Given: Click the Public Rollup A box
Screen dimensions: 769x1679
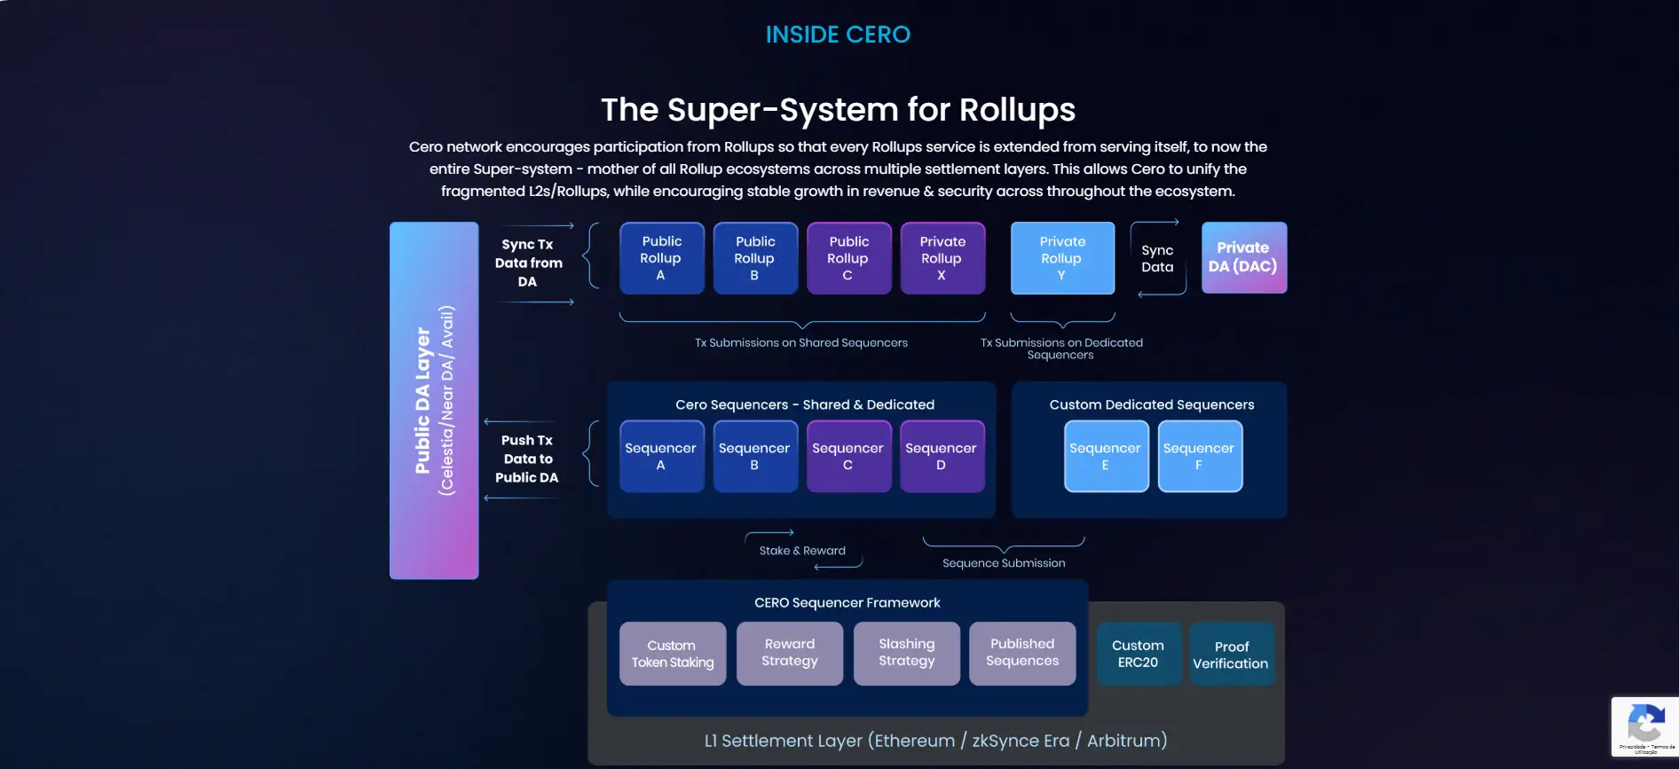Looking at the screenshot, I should click(x=661, y=258).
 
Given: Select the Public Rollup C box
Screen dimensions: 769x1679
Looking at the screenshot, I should click(x=848, y=258).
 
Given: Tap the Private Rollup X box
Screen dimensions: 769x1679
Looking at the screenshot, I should click(x=942, y=258).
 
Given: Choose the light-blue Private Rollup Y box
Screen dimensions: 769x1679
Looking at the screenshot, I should click(x=1062, y=258).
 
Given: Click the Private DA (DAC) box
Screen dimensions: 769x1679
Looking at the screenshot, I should click(x=1243, y=257).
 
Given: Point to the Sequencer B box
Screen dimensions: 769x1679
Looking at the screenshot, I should click(x=754, y=456).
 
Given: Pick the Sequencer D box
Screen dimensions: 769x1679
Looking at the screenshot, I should click(x=942, y=456).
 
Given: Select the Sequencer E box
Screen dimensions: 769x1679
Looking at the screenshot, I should click(x=1106, y=456).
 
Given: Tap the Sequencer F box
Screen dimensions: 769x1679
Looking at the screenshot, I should click(x=1199, y=456).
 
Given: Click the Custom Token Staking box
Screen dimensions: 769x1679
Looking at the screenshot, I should click(x=673, y=654).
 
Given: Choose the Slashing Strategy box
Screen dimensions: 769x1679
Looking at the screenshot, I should click(x=906, y=653).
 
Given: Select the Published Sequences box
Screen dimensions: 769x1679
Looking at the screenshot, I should click(x=1022, y=653).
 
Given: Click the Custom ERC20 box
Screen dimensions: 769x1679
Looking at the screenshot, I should click(x=1139, y=654).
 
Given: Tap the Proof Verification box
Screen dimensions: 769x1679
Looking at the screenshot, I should click(x=1231, y=655).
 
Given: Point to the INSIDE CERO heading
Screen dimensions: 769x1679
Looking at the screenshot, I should click(x=838, y=35).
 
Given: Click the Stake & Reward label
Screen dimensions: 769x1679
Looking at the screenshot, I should click(x=802, y=551).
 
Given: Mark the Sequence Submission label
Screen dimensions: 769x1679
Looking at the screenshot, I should click(x=1004, y=563).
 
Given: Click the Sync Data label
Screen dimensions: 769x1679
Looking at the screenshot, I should click(x=1157, y=259).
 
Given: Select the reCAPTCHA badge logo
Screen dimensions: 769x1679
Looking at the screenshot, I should click(x=1645, y=723).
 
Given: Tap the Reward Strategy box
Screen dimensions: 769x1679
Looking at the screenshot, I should click(x=790, y=653).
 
